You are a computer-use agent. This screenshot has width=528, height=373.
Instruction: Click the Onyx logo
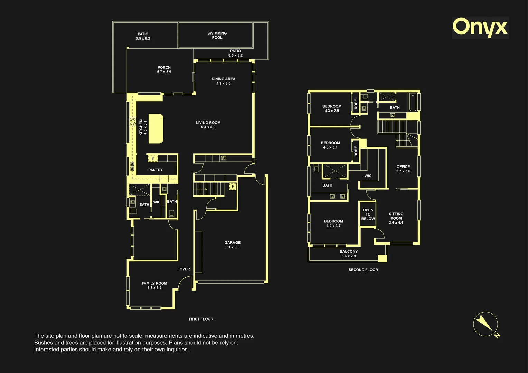click(x=480, y=28)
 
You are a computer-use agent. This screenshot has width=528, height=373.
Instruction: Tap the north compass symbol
click(x=487, y=325)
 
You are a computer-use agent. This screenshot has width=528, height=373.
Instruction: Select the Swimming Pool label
click(x=217, y=35)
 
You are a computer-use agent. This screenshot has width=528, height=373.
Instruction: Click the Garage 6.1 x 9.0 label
click(x=233, y=245)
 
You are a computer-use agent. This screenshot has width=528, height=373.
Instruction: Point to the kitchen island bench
click(x=156, y=129)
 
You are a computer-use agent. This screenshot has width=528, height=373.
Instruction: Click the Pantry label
click(x=155, y=170)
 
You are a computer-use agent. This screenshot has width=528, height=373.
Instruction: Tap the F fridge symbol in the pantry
click(x=153, y=159)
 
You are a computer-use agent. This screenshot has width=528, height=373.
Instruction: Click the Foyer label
click(x=183, y=269)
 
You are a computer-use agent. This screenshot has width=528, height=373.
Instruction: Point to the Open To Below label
click(x=368, y=214)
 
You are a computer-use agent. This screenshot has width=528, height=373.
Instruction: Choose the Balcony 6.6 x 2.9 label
click(x=349, y=254)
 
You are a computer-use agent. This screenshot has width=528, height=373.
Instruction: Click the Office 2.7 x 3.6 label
click(x=403, y=169)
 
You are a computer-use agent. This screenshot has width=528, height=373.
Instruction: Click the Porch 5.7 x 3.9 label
click(x=164, y=70)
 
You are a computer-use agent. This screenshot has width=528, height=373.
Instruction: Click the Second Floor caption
click(x=363, y=270)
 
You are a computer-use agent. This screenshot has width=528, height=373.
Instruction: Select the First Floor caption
click(x=201, y=319)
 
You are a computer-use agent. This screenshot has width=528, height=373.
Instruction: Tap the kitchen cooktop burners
click(x=133, y=122)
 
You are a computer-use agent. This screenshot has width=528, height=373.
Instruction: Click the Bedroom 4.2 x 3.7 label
click(x=333, y=223)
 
